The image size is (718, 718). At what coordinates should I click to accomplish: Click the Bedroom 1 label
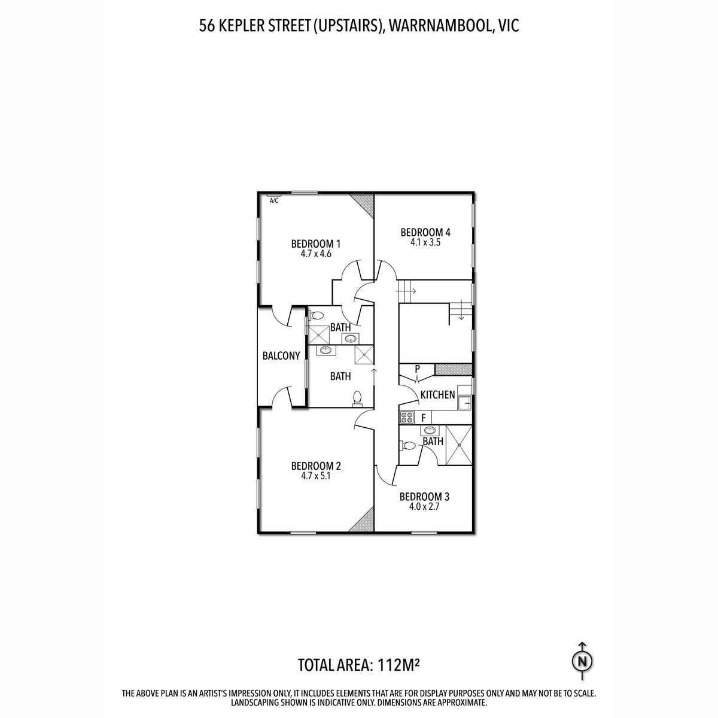[315, 244]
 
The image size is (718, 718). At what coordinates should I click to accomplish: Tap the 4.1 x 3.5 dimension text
[425, 242]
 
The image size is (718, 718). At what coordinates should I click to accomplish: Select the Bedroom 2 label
[316, 466]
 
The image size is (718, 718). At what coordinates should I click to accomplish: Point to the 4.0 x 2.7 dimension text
[424, 507]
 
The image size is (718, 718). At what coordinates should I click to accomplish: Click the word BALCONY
[281, 356]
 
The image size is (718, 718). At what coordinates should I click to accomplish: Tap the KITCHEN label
[438, 394]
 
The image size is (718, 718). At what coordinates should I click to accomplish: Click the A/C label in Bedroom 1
[274, 201]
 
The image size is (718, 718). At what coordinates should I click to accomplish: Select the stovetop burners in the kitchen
[407, 417]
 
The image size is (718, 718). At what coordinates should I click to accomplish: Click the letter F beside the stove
[424, 418]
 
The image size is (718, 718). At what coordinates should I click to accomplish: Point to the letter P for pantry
[418, 369]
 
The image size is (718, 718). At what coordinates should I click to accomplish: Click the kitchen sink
[465, 403]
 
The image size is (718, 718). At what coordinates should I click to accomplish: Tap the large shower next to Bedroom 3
[459, 445]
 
